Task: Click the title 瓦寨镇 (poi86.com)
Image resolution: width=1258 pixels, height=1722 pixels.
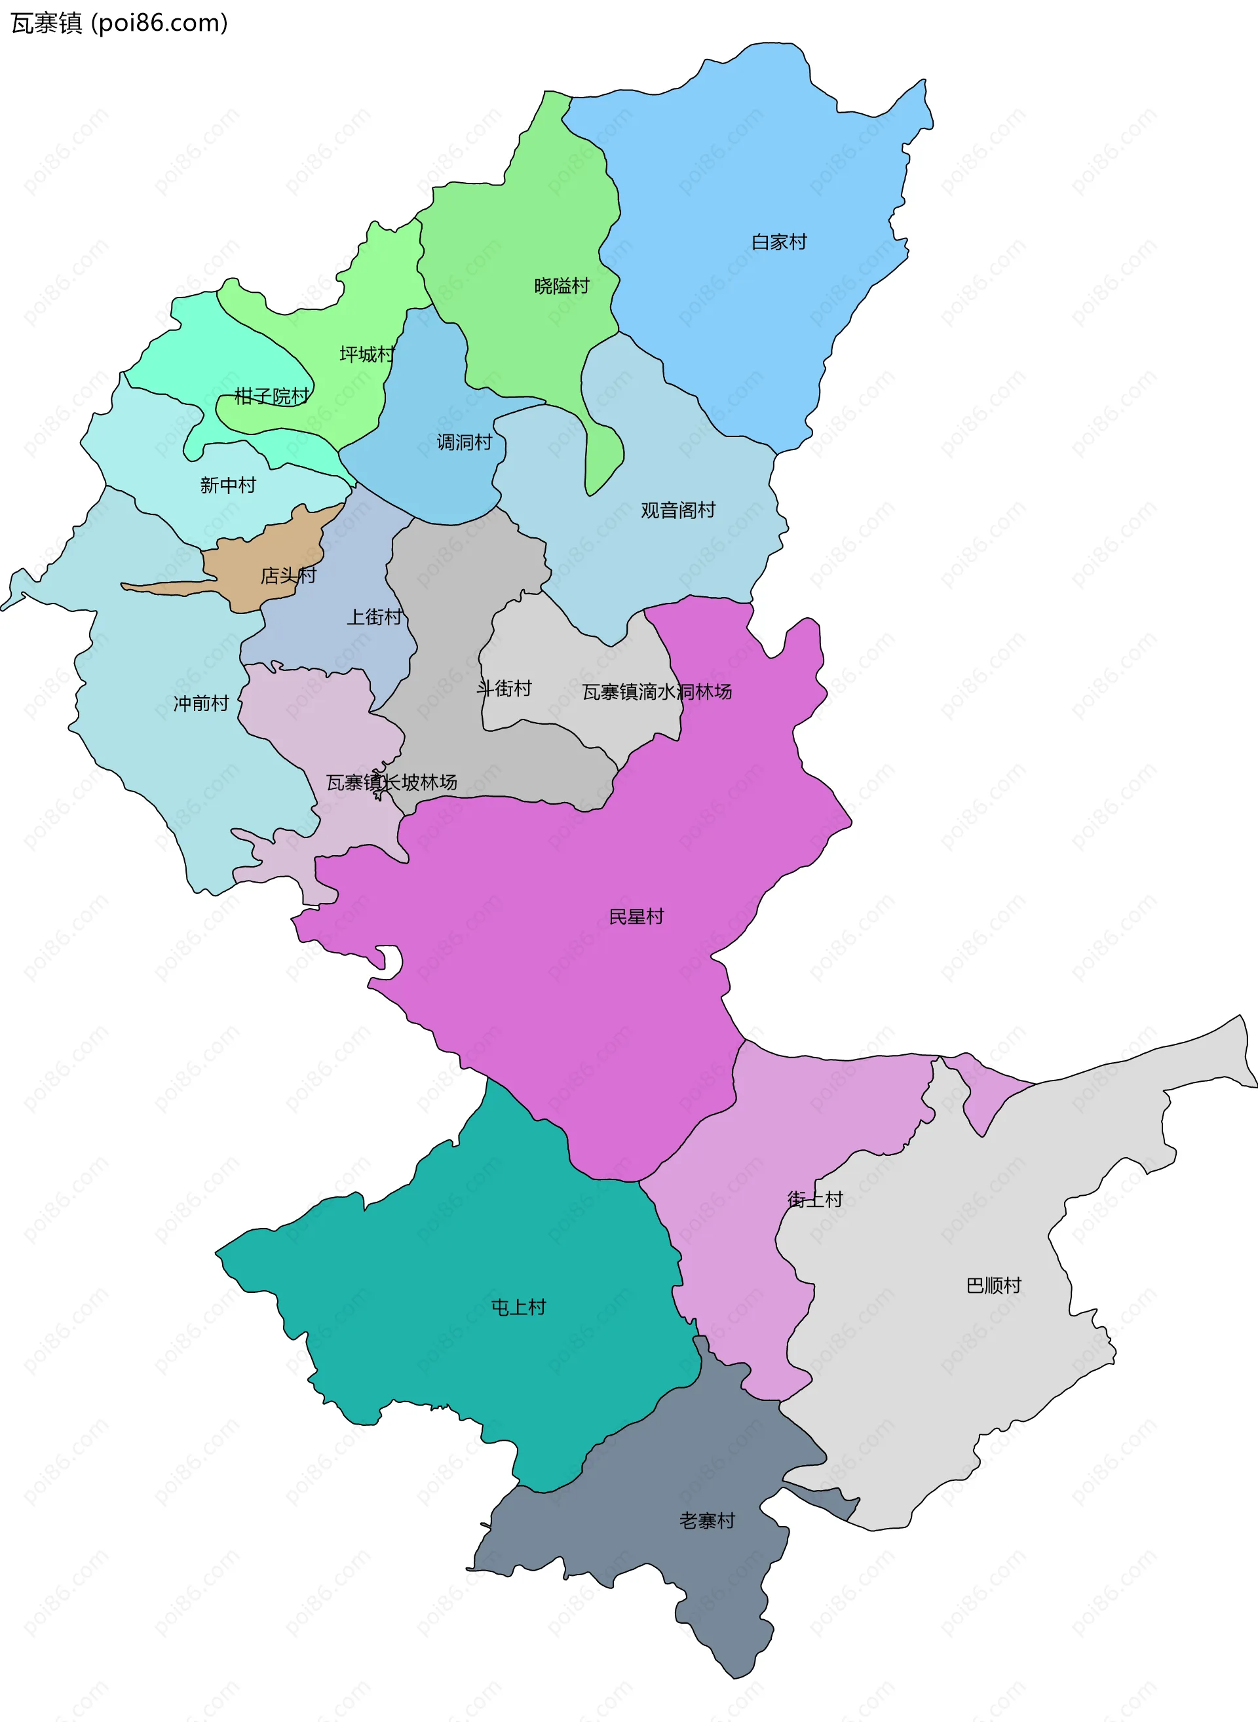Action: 119,24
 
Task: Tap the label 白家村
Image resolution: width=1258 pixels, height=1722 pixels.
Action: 779,242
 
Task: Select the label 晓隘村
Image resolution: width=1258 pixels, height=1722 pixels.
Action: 562,286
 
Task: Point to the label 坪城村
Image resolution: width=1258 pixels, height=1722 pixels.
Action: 367,354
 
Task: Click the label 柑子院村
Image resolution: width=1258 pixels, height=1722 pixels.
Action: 272,396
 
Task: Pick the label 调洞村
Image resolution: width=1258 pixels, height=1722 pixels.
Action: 465,442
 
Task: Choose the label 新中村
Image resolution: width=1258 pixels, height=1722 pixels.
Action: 229,485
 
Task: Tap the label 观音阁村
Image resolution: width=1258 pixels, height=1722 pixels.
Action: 677,510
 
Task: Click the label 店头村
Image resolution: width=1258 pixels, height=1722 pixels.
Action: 288,575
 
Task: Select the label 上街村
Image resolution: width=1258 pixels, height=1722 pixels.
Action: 374,617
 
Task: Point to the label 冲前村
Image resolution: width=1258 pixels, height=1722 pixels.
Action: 201,703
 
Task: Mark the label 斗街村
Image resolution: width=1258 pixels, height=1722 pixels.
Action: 504,689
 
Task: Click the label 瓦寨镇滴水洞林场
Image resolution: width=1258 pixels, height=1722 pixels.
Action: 657,691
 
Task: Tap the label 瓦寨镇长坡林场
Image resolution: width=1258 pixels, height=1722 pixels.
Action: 391,782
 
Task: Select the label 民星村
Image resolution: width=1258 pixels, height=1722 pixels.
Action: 636,916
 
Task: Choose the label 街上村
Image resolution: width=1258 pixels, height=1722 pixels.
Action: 815,1200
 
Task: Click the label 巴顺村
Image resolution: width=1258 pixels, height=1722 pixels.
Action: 993,1286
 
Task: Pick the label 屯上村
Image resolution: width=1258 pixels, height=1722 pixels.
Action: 518,1308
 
